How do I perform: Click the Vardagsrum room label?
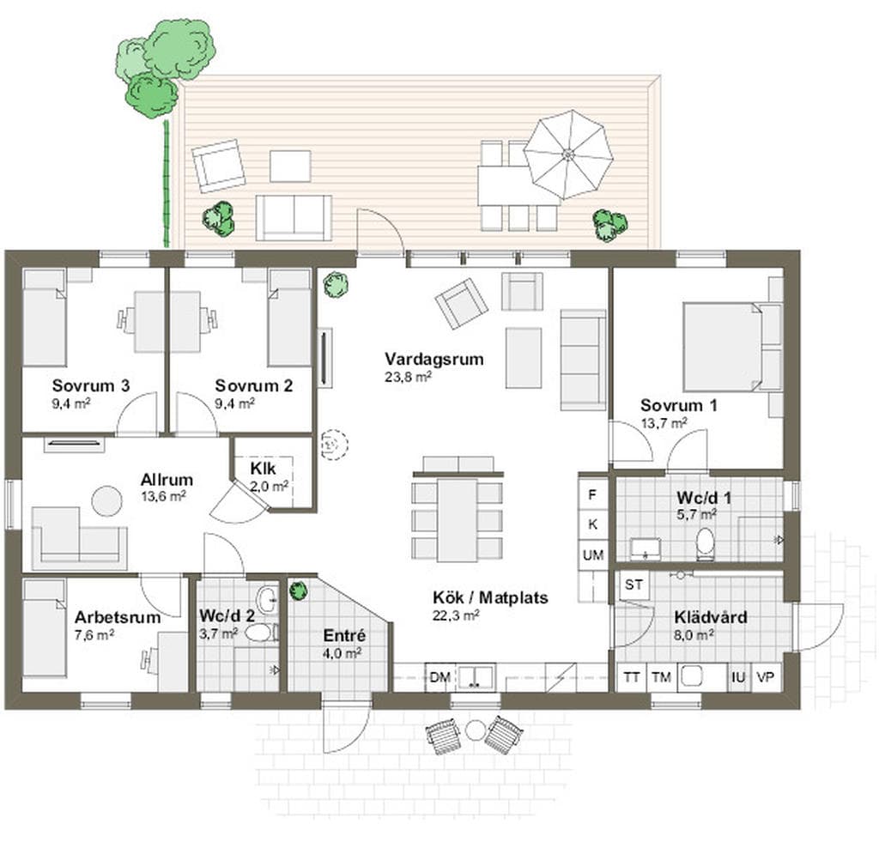pos(433,359)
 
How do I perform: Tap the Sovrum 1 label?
pos(678,405)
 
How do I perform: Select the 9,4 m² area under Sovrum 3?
pos(71,403)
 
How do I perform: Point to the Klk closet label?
pos(263,468)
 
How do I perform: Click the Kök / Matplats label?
pos(490,597)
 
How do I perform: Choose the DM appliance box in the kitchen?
pos(440,678)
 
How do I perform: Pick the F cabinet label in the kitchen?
pos(592,495)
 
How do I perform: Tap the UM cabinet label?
pos(593,555)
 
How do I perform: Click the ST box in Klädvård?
pos(634,585)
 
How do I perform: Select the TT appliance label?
pos(632,678)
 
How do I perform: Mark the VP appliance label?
pos(765,678)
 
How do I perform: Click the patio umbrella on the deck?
pos(568,154)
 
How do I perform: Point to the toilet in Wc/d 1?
pos(706,543)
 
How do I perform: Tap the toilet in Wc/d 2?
pos(261,633)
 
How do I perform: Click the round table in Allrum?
pos(106,500)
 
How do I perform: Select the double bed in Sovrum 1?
pos(723,347)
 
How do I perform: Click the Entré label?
pos(344,636)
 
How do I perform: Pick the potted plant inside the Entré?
pos(298,591)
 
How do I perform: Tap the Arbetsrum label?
pos(118,617)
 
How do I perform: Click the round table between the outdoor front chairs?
pos(476,730)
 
